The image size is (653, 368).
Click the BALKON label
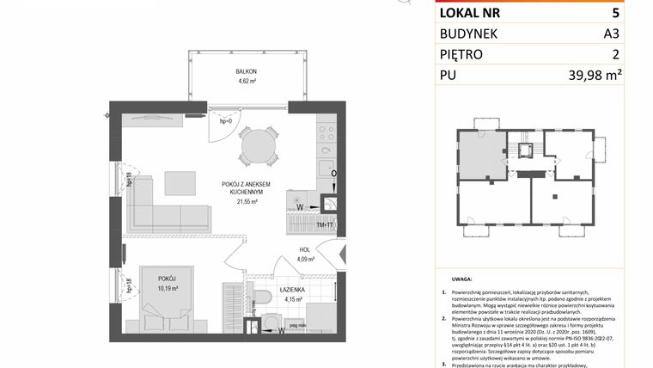(x=247, y=71)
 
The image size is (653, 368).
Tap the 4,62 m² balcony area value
(x=247, y=82)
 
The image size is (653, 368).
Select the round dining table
(x=259, y=146)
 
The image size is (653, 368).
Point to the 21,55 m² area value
(x=247, y=203)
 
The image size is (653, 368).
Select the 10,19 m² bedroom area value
(x=168, y=289)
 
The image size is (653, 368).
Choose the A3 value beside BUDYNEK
(x=613, y=34)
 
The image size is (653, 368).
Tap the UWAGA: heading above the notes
(x=460, y=280)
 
